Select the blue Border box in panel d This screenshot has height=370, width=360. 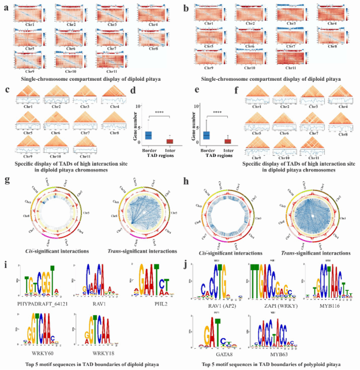tap(148, 135)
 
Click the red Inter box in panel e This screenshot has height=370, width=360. tap(227, 141)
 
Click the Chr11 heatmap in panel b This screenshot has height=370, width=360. tap(291, 61)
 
